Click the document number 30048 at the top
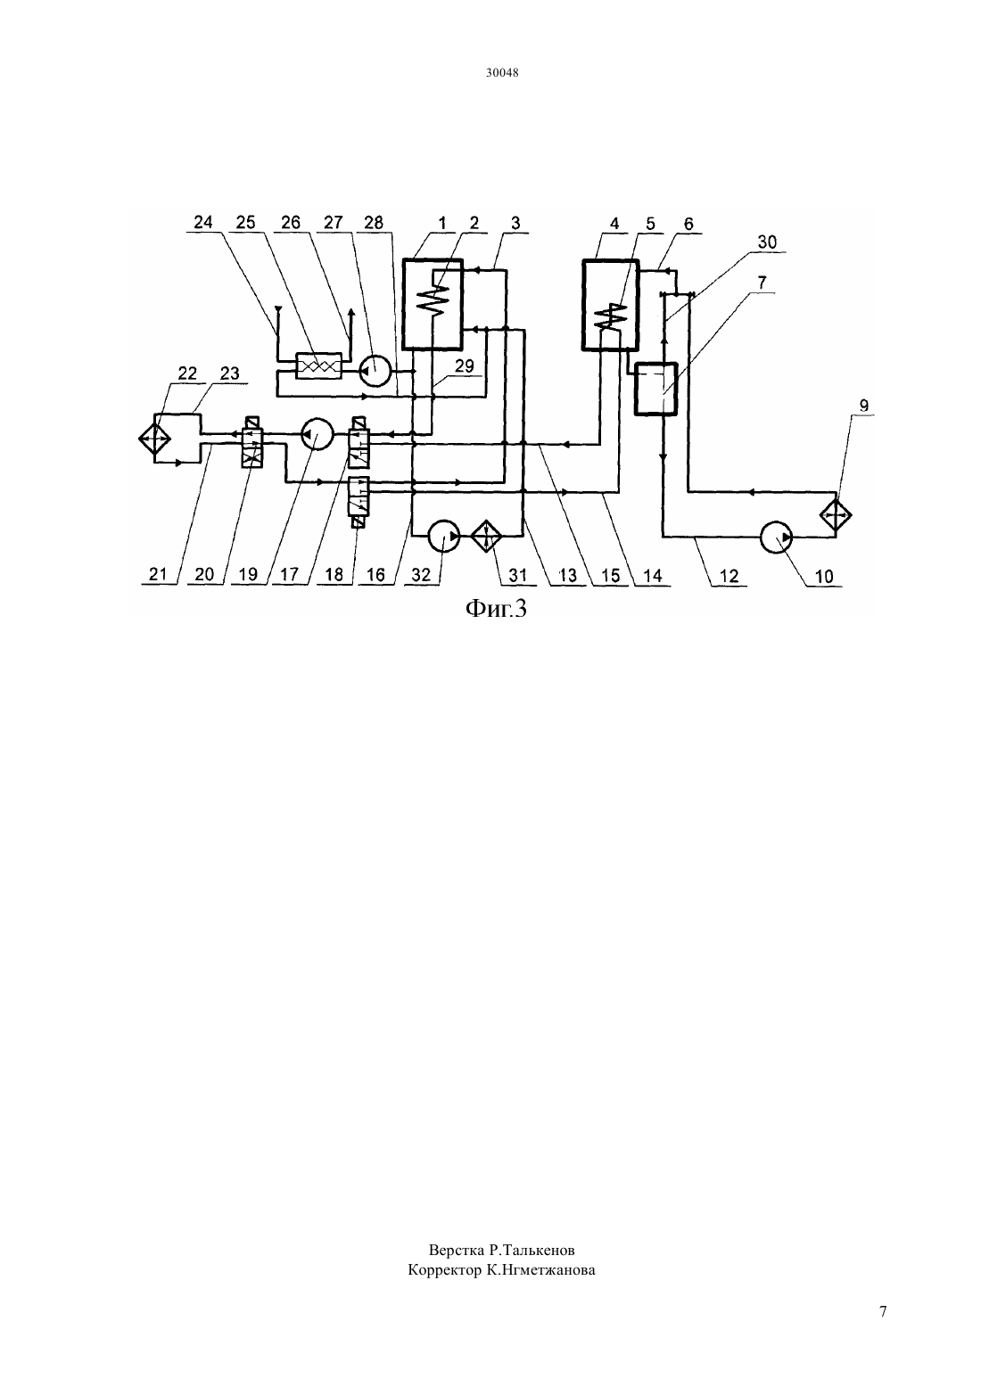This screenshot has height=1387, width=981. [x=502, y=72]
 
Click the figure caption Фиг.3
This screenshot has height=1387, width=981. [x=496, y=610]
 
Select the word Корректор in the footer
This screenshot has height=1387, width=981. [x=444, y=1270]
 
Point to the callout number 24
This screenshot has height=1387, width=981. [x=202, y=222]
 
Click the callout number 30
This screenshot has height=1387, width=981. [x=767, y=242]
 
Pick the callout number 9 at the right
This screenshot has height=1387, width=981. [x=863, y=406]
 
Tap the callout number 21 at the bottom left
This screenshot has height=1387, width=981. [x=158, y=574]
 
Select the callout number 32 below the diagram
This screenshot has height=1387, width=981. [x=421, y=575]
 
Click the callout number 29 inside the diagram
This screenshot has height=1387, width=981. [x=464, y=366]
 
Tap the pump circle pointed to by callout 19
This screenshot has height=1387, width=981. [x=317, y=435]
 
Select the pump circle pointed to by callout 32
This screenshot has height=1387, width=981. [x=444, y=537]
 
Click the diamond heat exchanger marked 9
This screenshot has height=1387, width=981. [x=836, y=514]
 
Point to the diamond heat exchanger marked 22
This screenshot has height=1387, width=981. [x=154, y=439]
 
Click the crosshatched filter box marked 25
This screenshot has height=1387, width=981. [x=318, y=365]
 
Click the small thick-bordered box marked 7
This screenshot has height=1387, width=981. [x=655, y=389]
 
